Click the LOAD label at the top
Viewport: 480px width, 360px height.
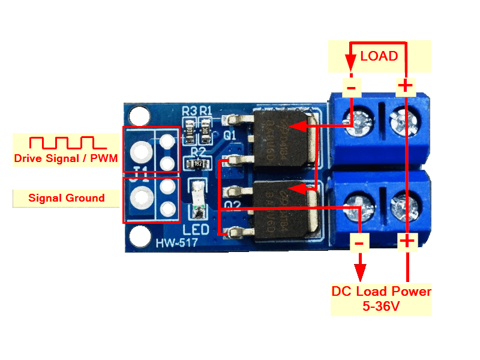point(379,56)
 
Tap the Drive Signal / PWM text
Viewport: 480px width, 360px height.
point(67,159)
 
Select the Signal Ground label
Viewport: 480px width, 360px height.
point(66,198)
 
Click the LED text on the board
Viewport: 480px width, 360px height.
point(196,230)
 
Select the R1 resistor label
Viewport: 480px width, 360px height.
point(206,111)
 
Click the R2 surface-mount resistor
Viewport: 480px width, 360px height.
point(197,164)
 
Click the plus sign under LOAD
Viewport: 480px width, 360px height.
point(406,86)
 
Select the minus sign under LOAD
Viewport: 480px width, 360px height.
point(351,88)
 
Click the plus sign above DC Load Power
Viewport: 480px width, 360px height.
point(407,241)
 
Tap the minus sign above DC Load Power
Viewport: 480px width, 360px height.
point(359,242)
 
